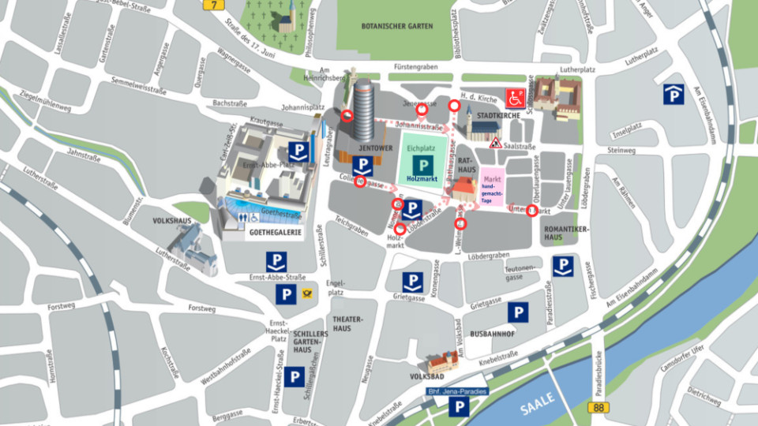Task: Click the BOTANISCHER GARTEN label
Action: coord(397,26)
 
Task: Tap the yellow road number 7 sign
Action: coord(212,4)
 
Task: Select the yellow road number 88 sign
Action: coord(599,406)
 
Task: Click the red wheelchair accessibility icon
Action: coord(516,98)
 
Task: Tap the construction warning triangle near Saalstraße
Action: coord(496,143)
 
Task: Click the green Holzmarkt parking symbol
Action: coord(422,165)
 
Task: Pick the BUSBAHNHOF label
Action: coord(492,334)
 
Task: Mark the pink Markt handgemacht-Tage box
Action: coord(492,191)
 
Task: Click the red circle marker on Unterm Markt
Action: coord(532,211)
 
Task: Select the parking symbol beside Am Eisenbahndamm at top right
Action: coord(673,95)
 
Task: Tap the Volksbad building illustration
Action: coord(443,362)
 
